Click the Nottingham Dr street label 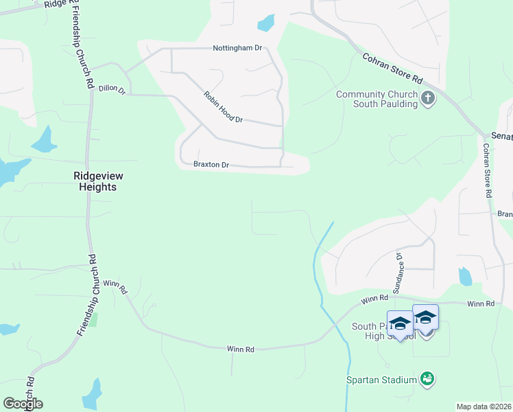[237, 49]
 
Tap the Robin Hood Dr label [223, 107]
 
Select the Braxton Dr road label [211, 165]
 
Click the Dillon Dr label [112, 89]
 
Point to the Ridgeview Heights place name [95, 181]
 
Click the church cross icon [427, 98]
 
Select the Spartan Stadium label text [382, 380]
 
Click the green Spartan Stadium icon [427, 378]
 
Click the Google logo [23, 404]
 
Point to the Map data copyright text [484, 407]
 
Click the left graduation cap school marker [400, 323]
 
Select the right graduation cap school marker [425, 317]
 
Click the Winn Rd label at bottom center [241, 350]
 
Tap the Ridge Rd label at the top [58, 4]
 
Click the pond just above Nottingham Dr [265, 23]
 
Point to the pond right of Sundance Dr [465, 276]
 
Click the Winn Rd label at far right [481, 304]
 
